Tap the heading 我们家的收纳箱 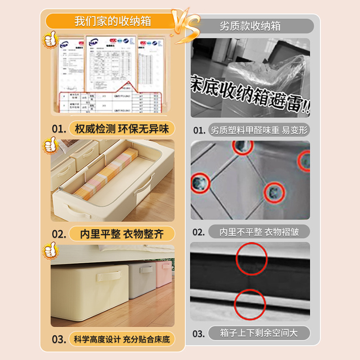coord(112,21)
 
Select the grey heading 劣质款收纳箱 coord(250,26)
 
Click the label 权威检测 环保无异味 coord(121,129)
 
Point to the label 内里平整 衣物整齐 coord(121,234)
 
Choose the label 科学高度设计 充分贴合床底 coord(121,339)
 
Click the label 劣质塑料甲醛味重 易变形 coord(259,130)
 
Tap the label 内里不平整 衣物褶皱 coord(259,232)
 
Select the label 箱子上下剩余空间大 coord(259,333)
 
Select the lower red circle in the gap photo coord(250,304)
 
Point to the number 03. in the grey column coord(199,334)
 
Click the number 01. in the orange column coord(58,129)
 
